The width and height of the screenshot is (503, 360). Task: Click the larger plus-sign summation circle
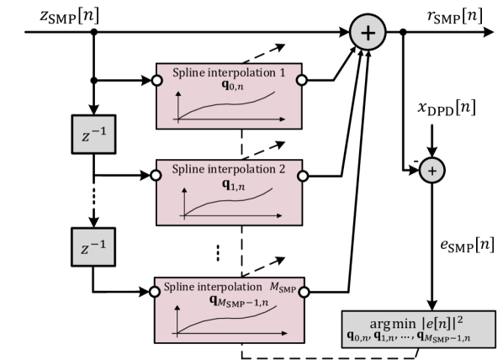point(368,33)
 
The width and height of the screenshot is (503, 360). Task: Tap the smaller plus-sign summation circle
point(432,171)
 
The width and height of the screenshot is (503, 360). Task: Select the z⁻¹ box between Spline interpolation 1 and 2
point(93,135)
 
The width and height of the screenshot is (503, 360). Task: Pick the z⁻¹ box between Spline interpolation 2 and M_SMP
point(93,249)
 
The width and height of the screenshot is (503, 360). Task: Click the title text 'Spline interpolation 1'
point(229,73)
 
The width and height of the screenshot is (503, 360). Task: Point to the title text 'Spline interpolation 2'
point(229,169)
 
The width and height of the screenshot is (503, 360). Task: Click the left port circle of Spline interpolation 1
point(156,80)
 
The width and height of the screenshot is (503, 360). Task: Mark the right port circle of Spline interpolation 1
point(301,80)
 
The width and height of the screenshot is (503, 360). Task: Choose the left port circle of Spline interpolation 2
point(156,177)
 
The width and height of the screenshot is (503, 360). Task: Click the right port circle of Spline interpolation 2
point(301,177)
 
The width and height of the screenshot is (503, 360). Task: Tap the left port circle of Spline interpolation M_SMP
point(156,292)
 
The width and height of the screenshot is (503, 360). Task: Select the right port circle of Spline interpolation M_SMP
point(301,292)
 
